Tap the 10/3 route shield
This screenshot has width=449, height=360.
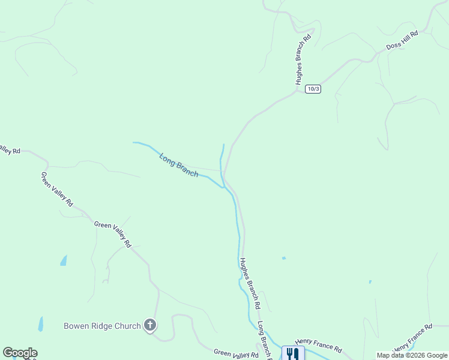tap(313, 89)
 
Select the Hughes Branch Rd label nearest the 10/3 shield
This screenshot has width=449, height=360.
tap(303, 59)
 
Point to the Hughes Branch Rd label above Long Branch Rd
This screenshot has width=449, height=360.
tap(249, 283)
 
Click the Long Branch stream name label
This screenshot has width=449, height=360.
tap(178, 165)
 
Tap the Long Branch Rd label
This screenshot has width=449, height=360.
tap(265, 340)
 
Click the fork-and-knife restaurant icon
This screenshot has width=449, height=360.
tap(293, 353)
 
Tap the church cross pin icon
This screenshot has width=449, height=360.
tap(150, 326)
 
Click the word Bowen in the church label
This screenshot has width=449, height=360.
tap(76, 326)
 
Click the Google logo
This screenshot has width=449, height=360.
tap(20, 353)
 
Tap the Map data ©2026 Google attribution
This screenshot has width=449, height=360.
tap(412, 355)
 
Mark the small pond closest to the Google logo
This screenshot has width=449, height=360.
tap(41, 324)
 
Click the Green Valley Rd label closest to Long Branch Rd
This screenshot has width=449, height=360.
tap(236, 354)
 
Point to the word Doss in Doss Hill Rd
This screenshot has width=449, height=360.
tap(394, 44)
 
